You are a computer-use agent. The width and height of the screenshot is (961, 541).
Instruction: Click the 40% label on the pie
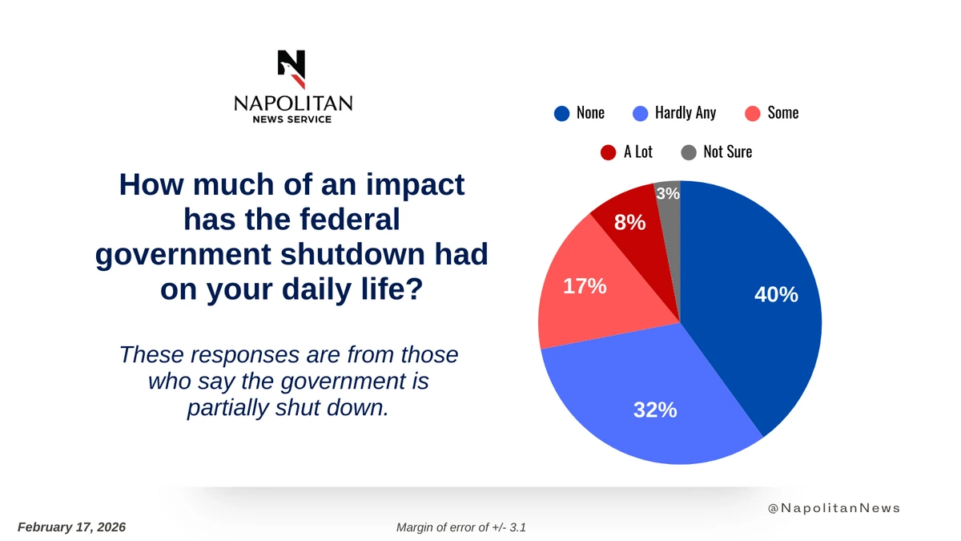tap(776, 295)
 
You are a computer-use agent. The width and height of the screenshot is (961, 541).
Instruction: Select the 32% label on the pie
tap(655, 410)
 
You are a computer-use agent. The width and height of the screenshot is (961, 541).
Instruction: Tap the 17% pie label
tap(585, 286)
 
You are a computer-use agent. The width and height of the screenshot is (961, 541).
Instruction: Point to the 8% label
tap(629, 223)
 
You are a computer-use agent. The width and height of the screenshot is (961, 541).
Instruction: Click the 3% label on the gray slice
tap(667, 193)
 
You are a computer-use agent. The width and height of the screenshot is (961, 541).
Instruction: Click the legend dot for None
tap(562, 113)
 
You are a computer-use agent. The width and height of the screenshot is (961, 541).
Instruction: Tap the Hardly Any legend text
tap(685, 113)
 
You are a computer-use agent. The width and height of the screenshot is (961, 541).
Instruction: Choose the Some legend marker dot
tap(752, 113)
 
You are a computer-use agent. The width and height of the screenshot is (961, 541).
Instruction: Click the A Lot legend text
tap(637, 151)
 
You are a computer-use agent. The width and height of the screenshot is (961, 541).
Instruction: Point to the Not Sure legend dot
tap(689, 151)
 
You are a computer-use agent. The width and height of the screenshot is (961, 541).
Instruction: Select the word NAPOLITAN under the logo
tap(292, 103)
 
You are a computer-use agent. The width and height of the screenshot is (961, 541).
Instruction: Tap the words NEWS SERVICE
tap(292, 119)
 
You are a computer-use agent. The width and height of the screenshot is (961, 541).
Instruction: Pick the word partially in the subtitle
tap(226, 408)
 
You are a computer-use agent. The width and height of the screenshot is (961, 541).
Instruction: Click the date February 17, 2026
tap(71, 527)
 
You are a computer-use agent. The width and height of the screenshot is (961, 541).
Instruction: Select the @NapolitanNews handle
tap(833, 508)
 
